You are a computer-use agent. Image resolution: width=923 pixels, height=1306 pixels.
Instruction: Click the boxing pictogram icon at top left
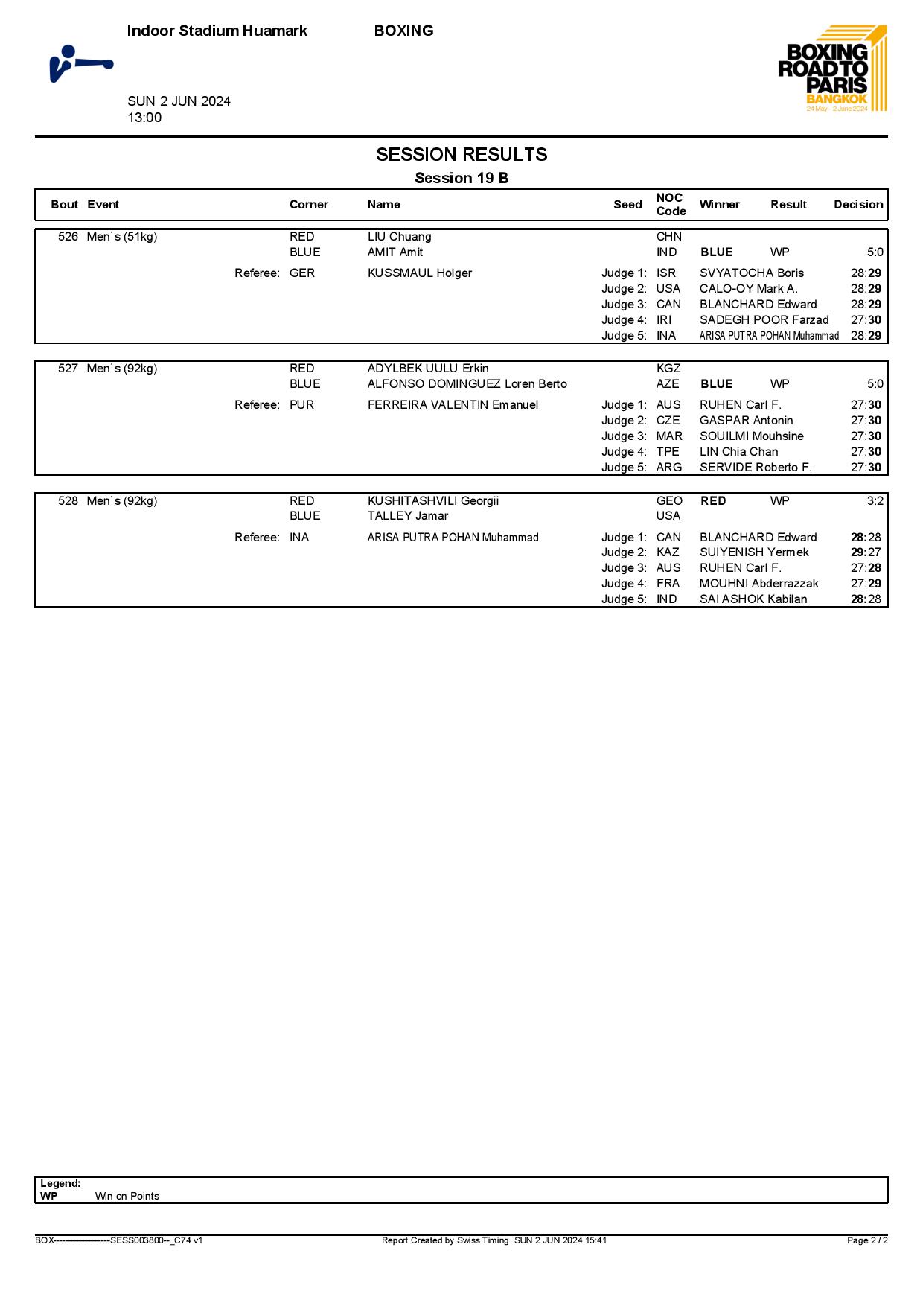click(80, 64)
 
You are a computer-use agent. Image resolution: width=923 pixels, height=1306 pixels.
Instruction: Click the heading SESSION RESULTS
click(461, 155)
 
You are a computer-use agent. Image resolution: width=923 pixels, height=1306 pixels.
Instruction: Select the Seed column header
click(627, 205)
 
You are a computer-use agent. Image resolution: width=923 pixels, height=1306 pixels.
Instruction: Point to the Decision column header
click(858, 205)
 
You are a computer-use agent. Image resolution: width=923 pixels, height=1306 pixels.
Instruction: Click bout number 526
click(68, 237)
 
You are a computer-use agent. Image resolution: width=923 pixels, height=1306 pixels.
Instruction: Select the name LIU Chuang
click(399, 237)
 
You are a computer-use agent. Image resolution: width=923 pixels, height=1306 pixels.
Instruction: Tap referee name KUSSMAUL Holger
click(420, 273)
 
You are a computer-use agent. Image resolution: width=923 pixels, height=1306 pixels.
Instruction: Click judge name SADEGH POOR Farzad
click(764, 320)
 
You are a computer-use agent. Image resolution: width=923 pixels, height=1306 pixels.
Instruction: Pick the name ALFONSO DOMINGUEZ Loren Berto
click(467, 384)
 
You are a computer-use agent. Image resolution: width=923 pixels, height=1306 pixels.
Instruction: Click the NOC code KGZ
click(668, 369)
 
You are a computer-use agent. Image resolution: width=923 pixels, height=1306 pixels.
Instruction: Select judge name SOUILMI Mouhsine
click(751, 436)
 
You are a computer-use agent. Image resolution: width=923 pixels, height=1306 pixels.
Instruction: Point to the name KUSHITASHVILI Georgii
click(433, 501)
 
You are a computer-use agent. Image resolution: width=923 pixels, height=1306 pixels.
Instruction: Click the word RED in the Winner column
click(713, 501)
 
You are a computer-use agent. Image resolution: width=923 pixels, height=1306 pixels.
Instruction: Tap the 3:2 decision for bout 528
click(875, 501)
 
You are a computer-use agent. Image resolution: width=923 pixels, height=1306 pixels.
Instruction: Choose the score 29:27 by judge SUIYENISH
click(866, 552)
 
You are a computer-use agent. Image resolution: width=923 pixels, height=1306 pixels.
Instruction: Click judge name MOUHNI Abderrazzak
click(758, 584)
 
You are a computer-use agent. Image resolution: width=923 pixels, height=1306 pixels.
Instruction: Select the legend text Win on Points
click(127, 1196)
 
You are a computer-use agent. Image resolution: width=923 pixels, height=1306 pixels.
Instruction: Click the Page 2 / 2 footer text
click(867, 1240)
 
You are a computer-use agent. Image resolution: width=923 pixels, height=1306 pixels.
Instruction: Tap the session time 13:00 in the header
click(144, 118)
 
